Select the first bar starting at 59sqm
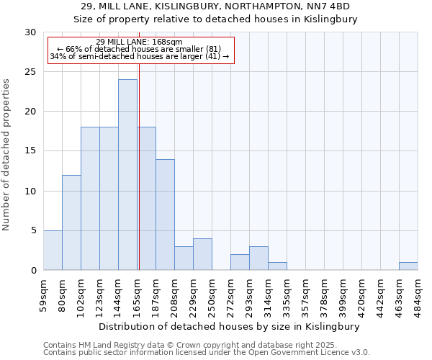tap(53, 250)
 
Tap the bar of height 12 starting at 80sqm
tap(71, 222)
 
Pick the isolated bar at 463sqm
tap(408, 266)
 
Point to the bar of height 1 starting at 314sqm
tap(277, 266)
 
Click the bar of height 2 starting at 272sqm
tap(240, 262)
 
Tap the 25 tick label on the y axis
tap(30, 72)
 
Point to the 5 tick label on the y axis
tap(32, 230)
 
